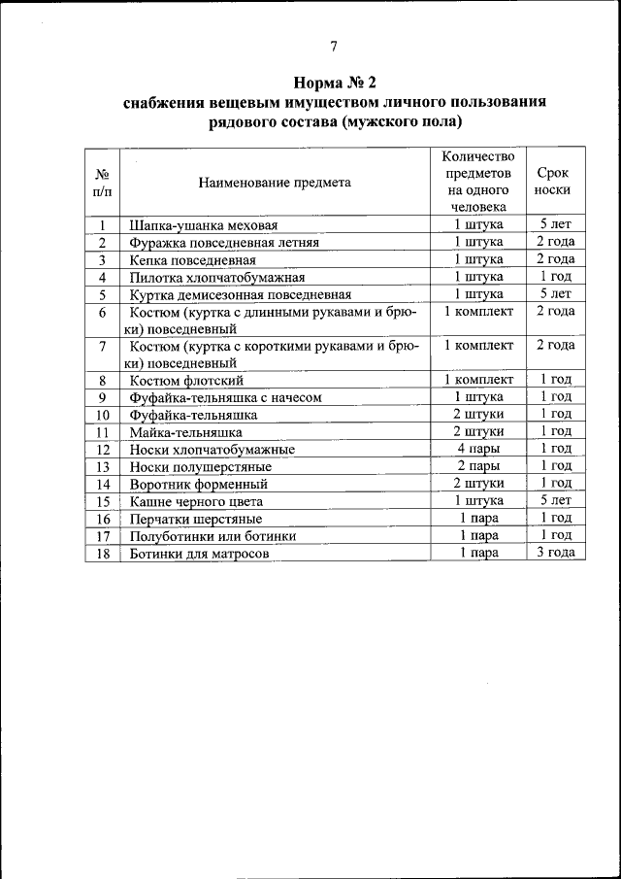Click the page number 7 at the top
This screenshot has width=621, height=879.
click(x=334, y=45)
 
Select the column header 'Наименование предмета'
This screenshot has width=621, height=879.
click(x=275, y=182)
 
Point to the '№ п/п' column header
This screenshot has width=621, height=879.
click(x=101, y=182)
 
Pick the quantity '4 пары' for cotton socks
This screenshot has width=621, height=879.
click(x=478, y=449)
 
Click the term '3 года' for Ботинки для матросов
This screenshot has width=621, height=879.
click(x=555, y=552)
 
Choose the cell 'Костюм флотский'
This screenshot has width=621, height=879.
click(x=180, y=380)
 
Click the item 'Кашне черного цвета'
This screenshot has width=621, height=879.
click(x=196, y=501)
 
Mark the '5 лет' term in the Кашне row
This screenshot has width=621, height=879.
click(x=555, y=500)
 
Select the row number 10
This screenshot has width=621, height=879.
click(x=101, y=415)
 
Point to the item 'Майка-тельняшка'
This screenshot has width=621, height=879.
click(x=185, y=432)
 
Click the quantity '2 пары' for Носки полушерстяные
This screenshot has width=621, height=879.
click(x=478, y=466)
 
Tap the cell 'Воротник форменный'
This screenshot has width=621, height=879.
click(x=194, y=484)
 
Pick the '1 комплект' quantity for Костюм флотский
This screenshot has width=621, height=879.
click(x=478, y=380)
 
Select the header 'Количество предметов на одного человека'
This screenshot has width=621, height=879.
click(x=478, y=182)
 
